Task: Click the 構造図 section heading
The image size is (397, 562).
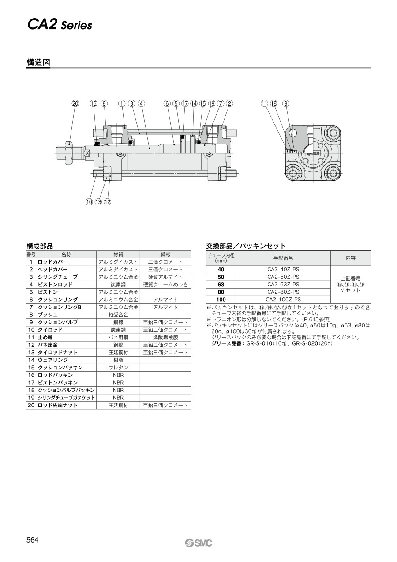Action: (38, 63)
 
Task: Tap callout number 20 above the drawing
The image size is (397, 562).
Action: (75, 103)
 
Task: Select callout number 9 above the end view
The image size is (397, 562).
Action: (286, 103)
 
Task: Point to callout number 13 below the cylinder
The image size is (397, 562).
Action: (98, 202)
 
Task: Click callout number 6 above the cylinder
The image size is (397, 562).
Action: (167, 103)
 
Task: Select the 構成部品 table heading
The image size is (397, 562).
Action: (40, 246)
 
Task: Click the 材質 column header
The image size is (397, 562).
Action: (118, 254)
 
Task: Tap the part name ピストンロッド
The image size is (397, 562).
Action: (55, 285)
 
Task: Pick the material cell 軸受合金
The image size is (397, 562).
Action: (118, 315)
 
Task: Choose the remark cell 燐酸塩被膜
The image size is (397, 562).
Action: (165, 337)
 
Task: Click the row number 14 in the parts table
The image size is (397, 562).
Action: (31, 360)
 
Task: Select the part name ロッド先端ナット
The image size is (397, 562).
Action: (58, 405)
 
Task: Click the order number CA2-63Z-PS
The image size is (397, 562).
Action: (283, 284)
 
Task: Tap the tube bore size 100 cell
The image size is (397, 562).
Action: (221, 299)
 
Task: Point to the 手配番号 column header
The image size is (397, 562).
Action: (283, 258)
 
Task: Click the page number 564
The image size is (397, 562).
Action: (33, 540)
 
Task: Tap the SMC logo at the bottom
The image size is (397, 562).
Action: (198, 543)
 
